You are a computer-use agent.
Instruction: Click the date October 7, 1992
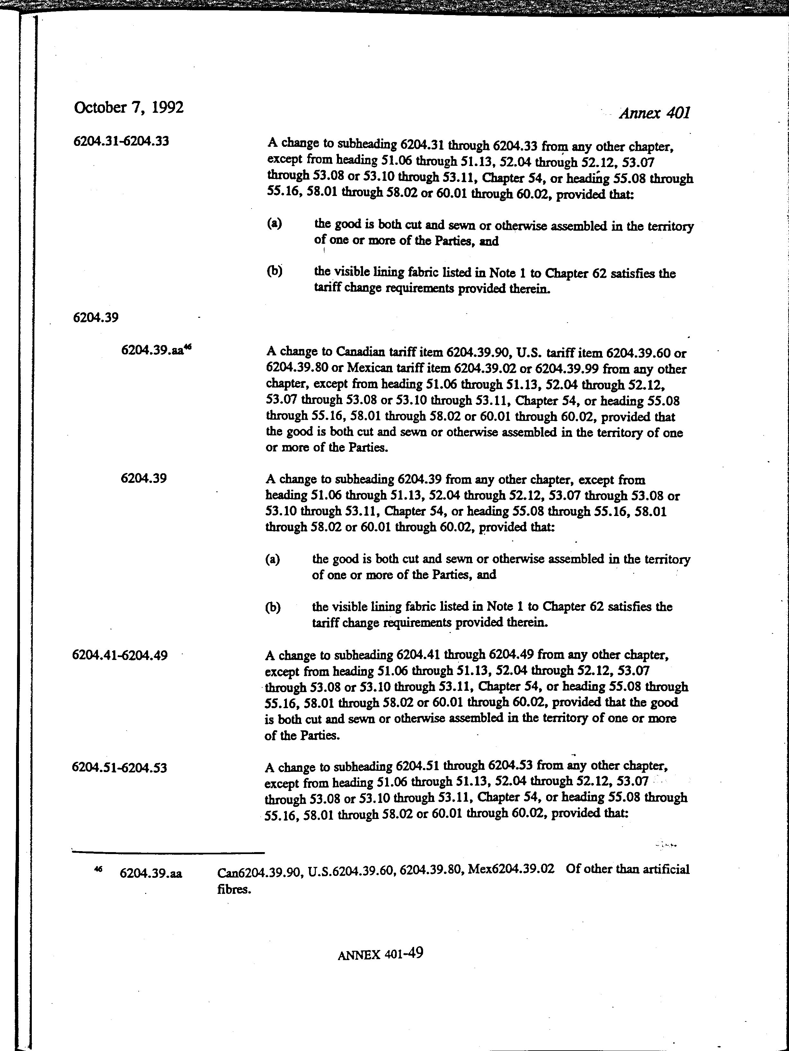coord(128,107)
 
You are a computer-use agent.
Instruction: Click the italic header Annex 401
coord(654,113)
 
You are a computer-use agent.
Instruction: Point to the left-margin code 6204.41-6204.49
coord(120,655)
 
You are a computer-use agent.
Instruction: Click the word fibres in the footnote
coord(234,889)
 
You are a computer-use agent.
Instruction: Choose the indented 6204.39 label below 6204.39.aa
coord(144,478)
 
